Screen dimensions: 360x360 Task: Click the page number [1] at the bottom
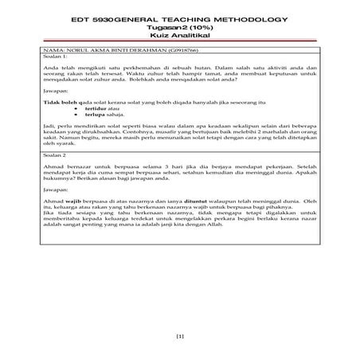pos(179,338)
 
